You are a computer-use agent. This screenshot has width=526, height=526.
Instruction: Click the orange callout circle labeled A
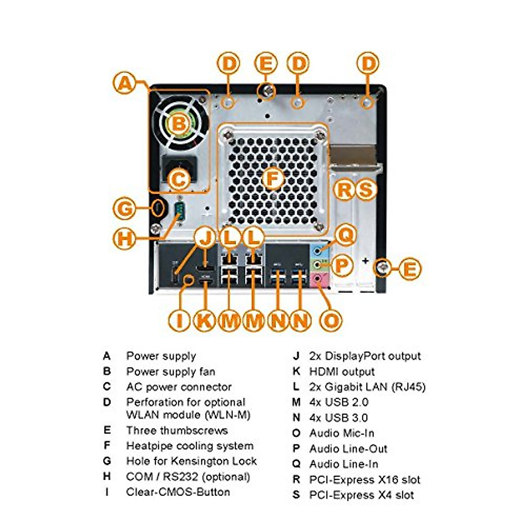pos(125,83)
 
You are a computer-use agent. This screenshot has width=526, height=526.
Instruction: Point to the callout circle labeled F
pos(273,179)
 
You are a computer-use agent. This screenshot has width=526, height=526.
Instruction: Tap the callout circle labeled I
pos(179,320)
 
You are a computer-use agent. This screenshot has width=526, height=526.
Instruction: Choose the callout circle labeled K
pos(204,320)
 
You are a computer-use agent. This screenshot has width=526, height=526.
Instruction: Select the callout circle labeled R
pos(345,190)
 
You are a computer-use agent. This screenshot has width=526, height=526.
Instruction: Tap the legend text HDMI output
pos(342,372)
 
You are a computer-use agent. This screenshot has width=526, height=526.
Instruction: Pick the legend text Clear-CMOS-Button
pos(178,492)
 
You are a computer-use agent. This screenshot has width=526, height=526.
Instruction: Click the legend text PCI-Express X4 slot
pos(362,495)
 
